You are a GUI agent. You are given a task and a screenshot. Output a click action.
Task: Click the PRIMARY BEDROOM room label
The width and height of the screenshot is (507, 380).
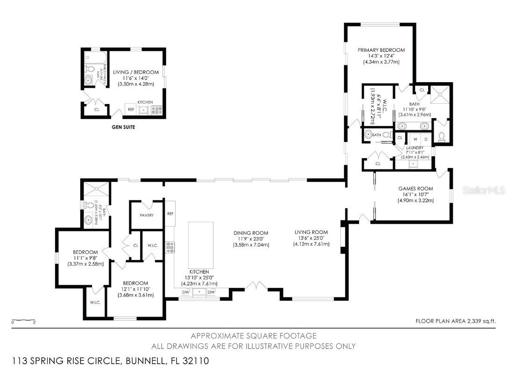click(x=381, y=50)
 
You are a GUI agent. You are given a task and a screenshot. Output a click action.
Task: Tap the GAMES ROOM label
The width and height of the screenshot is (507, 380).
click(x=415, y=189)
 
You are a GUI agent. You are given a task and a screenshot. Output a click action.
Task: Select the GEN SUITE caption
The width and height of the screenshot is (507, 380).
click(x=123, y=127)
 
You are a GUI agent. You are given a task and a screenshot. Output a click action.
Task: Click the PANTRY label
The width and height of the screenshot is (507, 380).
click(x=147, y=215)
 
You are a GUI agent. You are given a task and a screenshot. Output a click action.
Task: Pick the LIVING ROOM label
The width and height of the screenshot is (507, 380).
click(x=311, y=232)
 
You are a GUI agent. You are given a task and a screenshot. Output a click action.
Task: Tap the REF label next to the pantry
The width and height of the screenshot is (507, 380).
click(x=170, y=213)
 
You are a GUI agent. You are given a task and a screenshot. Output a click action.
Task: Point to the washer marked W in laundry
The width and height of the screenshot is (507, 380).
click(x=413, y=139)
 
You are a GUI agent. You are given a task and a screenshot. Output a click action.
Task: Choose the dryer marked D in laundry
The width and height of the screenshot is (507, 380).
click(x=425, y=139)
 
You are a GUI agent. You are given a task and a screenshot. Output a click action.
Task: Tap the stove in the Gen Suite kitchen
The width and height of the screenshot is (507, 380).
click(x=156, y=111)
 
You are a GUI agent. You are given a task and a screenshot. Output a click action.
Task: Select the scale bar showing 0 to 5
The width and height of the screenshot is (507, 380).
click(x=24, y=322)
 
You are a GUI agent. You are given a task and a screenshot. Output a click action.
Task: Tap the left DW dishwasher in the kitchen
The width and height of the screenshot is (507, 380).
click(x=186, y=292)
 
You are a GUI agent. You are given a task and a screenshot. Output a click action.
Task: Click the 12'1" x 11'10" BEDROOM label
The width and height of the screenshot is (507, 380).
click(x=135, y=283)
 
